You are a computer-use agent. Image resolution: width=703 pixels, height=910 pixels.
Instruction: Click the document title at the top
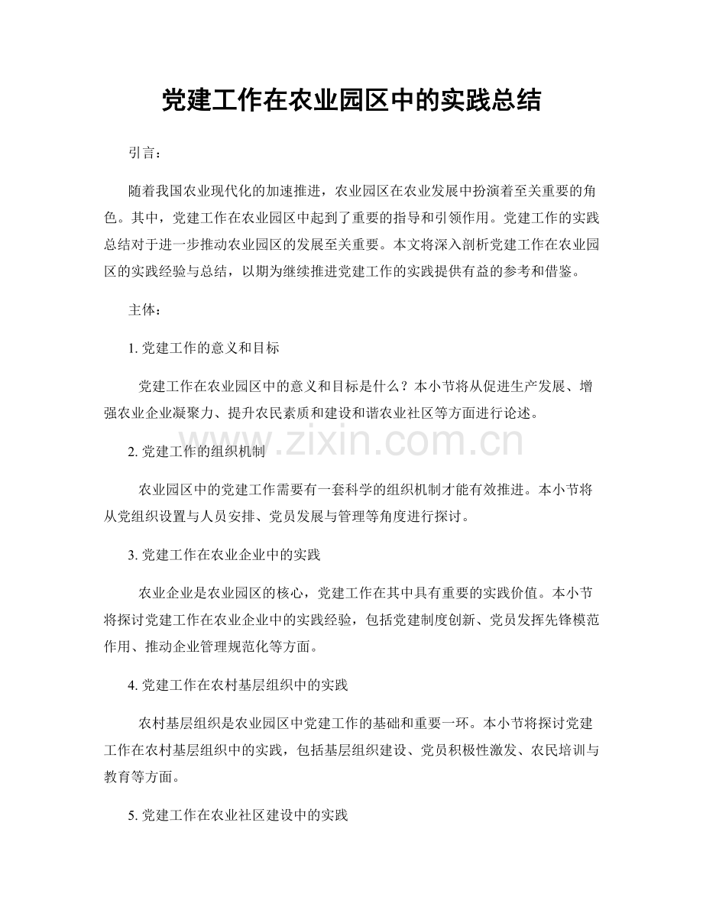tap(351, 100)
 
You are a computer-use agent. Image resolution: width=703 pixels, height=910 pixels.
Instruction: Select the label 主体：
tap(144, 310)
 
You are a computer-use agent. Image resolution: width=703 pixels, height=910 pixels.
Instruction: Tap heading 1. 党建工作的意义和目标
tap(204, 348)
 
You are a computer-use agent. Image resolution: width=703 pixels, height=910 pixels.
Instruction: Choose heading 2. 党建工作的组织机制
tap(197, 452)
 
